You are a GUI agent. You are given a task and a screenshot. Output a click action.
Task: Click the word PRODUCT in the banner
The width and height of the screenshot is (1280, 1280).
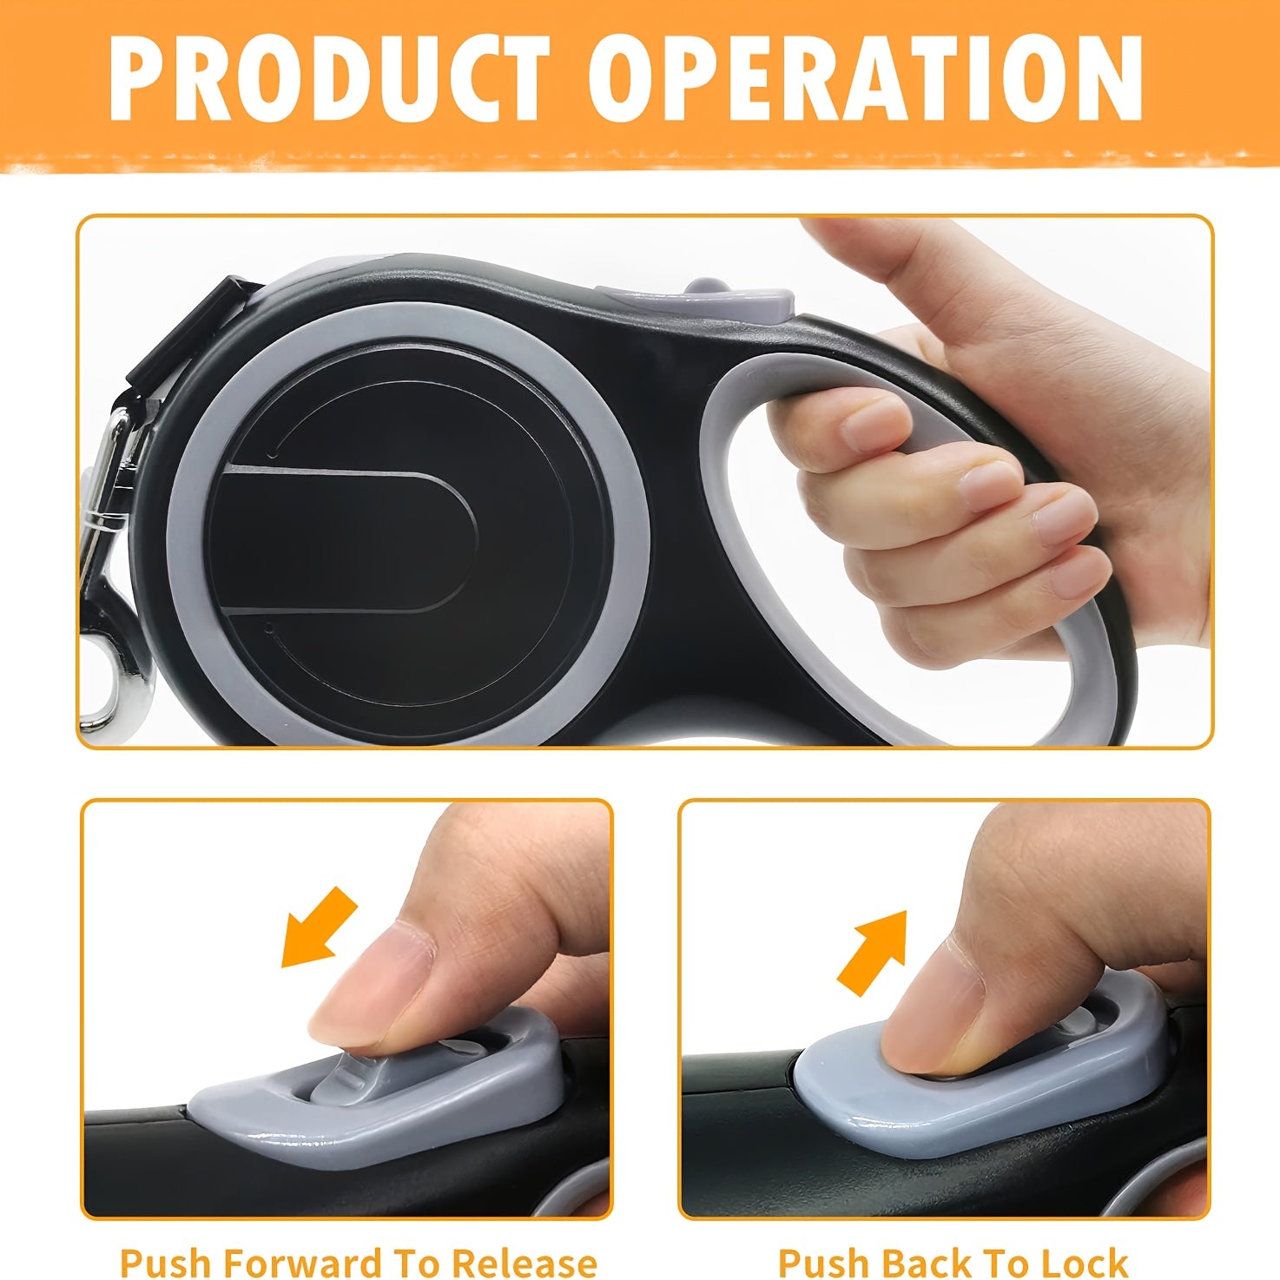(x=330, y=77)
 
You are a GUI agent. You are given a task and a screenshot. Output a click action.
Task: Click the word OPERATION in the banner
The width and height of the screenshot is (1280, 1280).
(x=864, y=77)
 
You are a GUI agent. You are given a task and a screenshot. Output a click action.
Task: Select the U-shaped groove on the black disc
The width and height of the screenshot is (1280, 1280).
(x=346, y=539)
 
